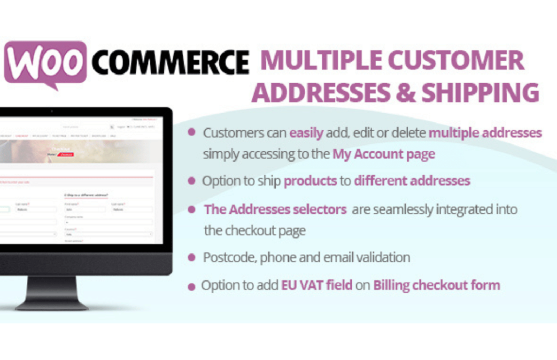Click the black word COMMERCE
[x=170, y=63]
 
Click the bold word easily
[x=306, y=133]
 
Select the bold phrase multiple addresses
[x=485, y=133]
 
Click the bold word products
[x=310, y=181]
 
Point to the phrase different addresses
[x=412, y=181]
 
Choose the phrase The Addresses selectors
[x=275, y=210]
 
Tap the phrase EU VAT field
[x=317, y=285]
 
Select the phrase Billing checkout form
[x=436, y=285]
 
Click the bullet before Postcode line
[x=192, y=258]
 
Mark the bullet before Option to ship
[x=192, y=181]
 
